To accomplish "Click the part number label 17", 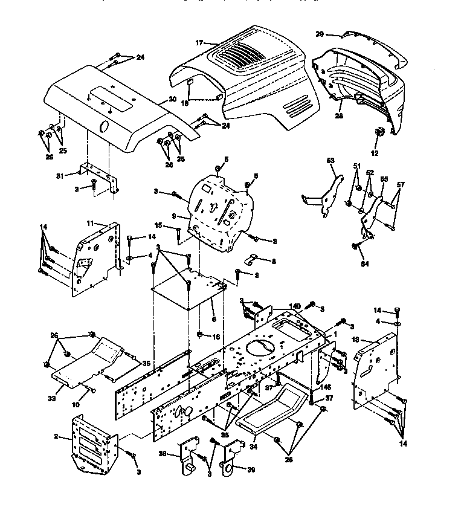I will coord(199,43).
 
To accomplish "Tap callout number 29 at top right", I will coord(320,34).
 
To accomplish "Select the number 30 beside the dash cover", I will coord(172,100).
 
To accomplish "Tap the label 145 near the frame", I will coord(326,388).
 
